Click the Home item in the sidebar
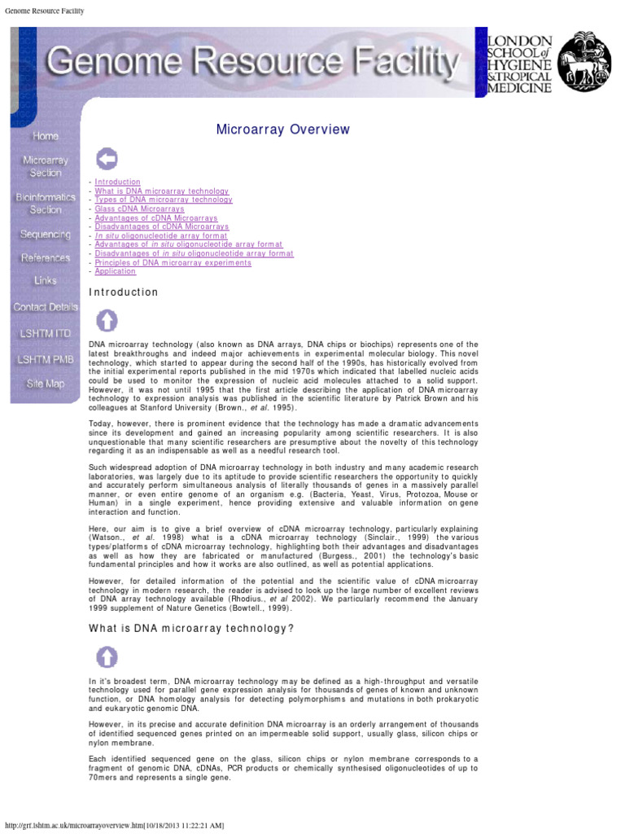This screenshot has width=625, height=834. (x=46, y=136)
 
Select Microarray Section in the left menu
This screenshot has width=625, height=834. (x=46, y=167)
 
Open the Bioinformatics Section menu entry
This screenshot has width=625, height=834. (x=46, y=204)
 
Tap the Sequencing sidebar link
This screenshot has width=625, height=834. (x=46, y=235)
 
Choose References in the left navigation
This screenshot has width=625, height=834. (x=46, y=258)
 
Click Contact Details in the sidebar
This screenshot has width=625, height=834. (x=46, y=307)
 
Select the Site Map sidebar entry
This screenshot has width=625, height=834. (x=46, y=384)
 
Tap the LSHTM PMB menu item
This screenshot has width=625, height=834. (x=46, y=359)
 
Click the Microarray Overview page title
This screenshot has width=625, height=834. (x=282, y=129)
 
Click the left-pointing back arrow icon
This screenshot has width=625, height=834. (x=107, y=159)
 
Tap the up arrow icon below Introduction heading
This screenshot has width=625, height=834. (x=107, y=318)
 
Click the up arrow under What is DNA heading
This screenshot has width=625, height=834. (x=107, y=656)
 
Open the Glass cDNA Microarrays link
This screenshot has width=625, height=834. (x=139, y=209)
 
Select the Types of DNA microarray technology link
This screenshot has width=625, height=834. (x=163, y=200)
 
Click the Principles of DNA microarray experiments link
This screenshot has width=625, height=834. (x=173, y=263)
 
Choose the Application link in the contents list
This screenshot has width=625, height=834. (x=115, y=272)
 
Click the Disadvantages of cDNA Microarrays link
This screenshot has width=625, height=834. (x=161, y=226)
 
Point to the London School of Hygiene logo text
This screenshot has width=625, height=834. (x=520, y=64)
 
